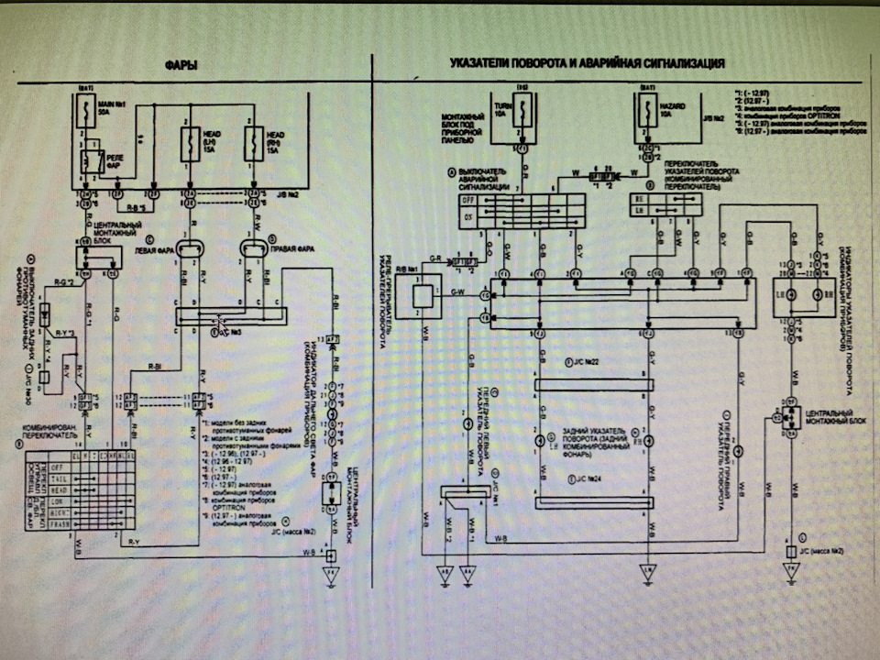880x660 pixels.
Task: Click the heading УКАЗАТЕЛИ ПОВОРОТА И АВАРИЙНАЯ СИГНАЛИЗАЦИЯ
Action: pyautogui.click(x=588, y=64)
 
